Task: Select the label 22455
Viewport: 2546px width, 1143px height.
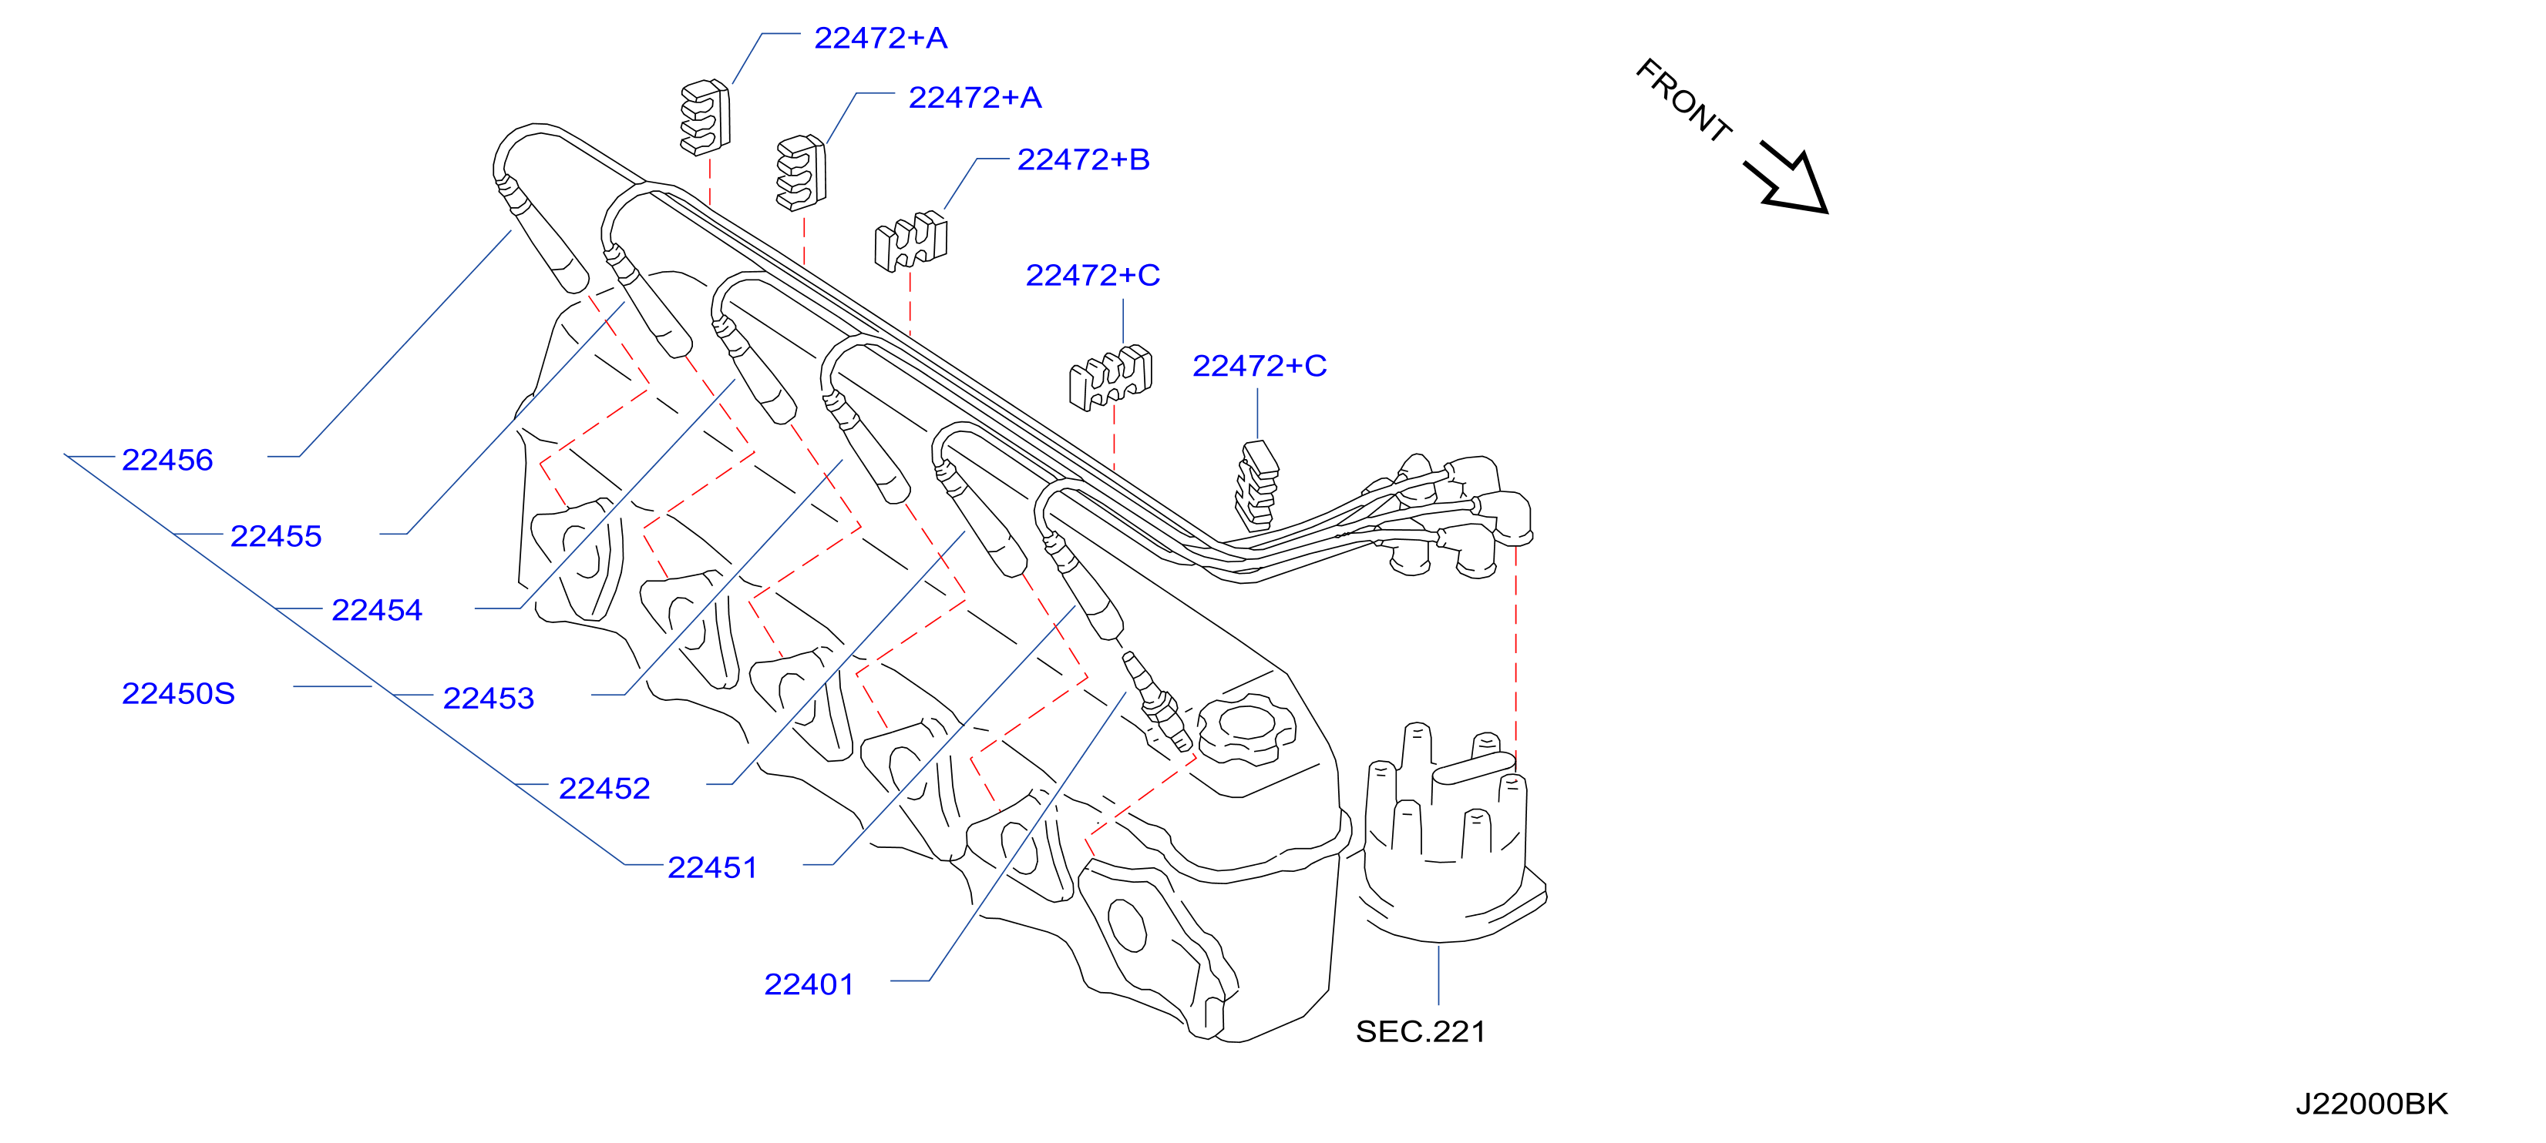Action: (x=276, y=535)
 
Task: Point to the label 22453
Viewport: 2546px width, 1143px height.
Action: (x=488, y=698)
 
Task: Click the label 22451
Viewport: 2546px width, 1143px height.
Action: (x=712, y=866)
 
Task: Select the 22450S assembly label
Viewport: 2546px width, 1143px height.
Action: (x=178, y=692)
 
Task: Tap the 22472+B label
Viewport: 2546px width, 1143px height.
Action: (x=1083, y=159)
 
